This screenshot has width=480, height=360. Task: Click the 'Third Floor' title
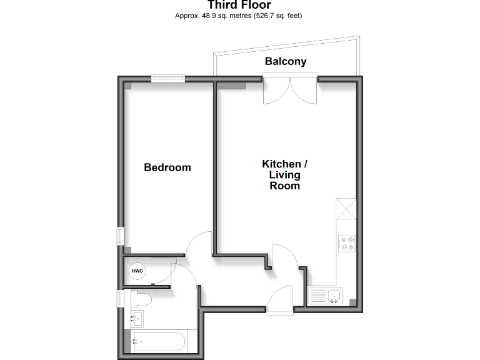239,5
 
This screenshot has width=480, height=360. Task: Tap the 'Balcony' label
286,61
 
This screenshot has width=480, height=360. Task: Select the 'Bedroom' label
167,167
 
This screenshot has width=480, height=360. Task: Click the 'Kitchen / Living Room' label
284,174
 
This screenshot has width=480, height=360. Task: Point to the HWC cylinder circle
137,271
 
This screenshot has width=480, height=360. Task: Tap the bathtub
157,341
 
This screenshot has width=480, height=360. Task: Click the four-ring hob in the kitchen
347,243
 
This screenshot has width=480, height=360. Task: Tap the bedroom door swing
200,244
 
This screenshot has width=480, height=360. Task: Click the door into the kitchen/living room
284,256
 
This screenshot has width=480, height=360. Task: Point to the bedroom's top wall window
168,78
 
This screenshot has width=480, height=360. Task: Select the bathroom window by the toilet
120,299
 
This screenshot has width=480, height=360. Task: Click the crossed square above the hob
346,208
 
